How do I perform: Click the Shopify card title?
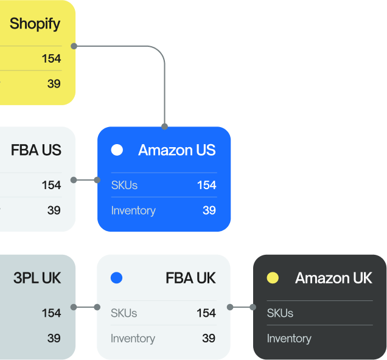[x=35, y=24]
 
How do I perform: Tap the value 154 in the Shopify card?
[x=51, y=59]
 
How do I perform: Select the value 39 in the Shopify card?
[x=54, y=84]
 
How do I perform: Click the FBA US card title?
[x=36, y=150]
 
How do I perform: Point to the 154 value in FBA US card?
[x=51, y=185]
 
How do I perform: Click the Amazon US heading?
[x=176, y=150]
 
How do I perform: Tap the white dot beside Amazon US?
[x=117, y=150]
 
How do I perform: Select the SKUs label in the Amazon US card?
[x=124, y=185]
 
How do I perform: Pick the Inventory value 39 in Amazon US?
[x=209, y=210]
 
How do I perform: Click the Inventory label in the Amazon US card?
[x=133, y=210]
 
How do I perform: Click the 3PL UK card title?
[x=37, y=278]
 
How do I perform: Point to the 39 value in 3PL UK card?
[x=54, y=338]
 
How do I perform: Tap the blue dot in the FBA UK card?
[x=116, y=278]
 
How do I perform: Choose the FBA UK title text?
[x=190, y=278]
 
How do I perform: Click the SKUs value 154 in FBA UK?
[x=206, y=313]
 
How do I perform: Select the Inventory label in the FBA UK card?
[x=133, y=338]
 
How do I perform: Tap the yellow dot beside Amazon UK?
[x=273, y=278]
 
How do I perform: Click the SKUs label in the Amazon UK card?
[x=280, y=313]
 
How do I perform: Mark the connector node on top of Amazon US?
[x=164, y=126]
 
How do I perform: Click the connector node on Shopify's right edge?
[x=74, y=46]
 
